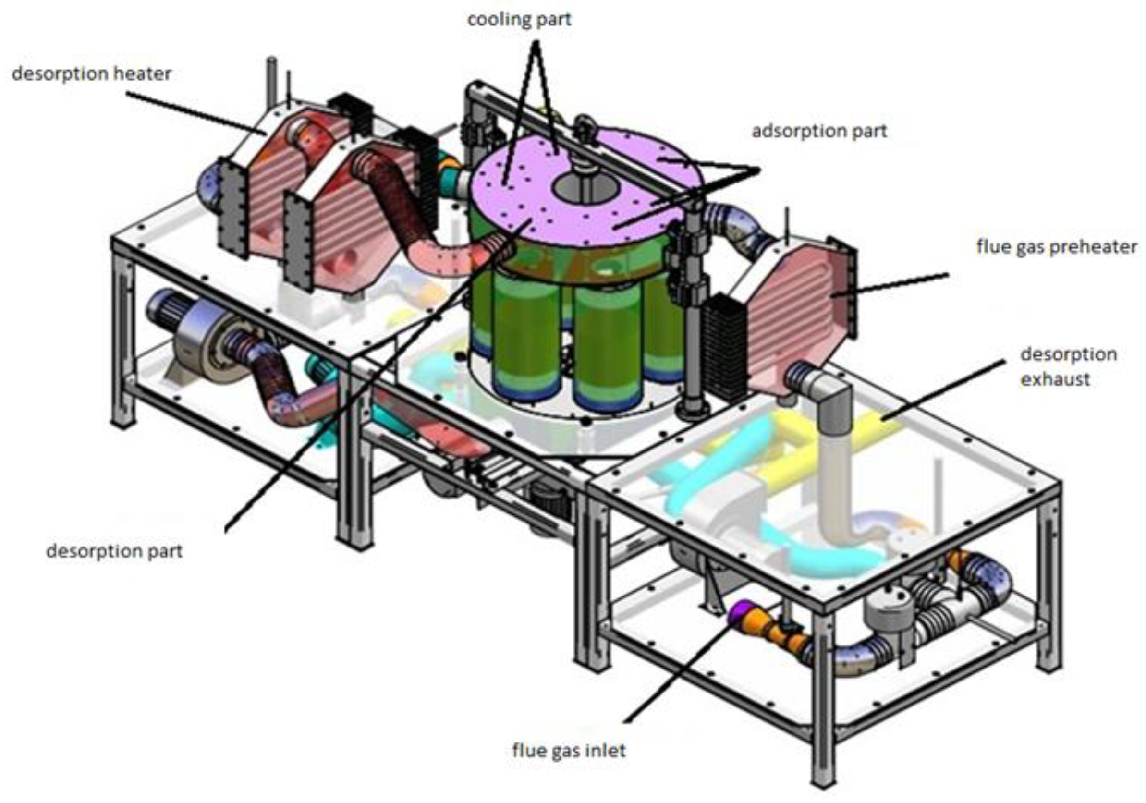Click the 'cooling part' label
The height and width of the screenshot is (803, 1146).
(519, 20)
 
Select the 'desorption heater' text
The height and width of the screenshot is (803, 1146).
(92, 74)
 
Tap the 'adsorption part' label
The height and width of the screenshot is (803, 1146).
(819, 131)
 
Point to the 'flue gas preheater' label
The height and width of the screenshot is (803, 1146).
(1057, 246)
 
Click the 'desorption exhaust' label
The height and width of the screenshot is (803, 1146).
(1069, 367)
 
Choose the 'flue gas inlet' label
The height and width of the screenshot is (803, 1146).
(569, 750)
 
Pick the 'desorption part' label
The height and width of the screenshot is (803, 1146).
(115, 551)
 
